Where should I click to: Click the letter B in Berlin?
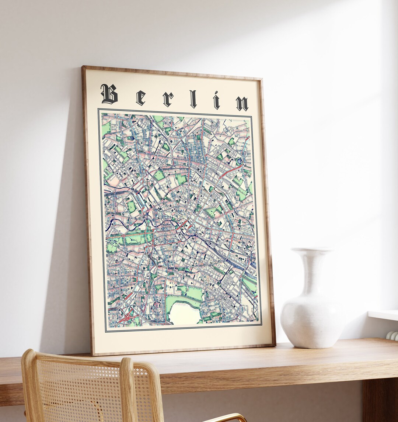pyautogui.click(x=109, y=94)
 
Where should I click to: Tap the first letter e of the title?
pyautogui.click(x=140, y=97)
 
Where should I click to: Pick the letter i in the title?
pyautogui.click(x=216, y=100)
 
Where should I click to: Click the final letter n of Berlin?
pyautogui.click(x=242, y=103)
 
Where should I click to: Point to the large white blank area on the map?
pyautogui.click(x=184, y=314)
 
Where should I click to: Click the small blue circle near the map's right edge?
pyautogui.click(x=240, y=161)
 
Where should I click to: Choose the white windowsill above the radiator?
pyautogui.click(x=383, y=315)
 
